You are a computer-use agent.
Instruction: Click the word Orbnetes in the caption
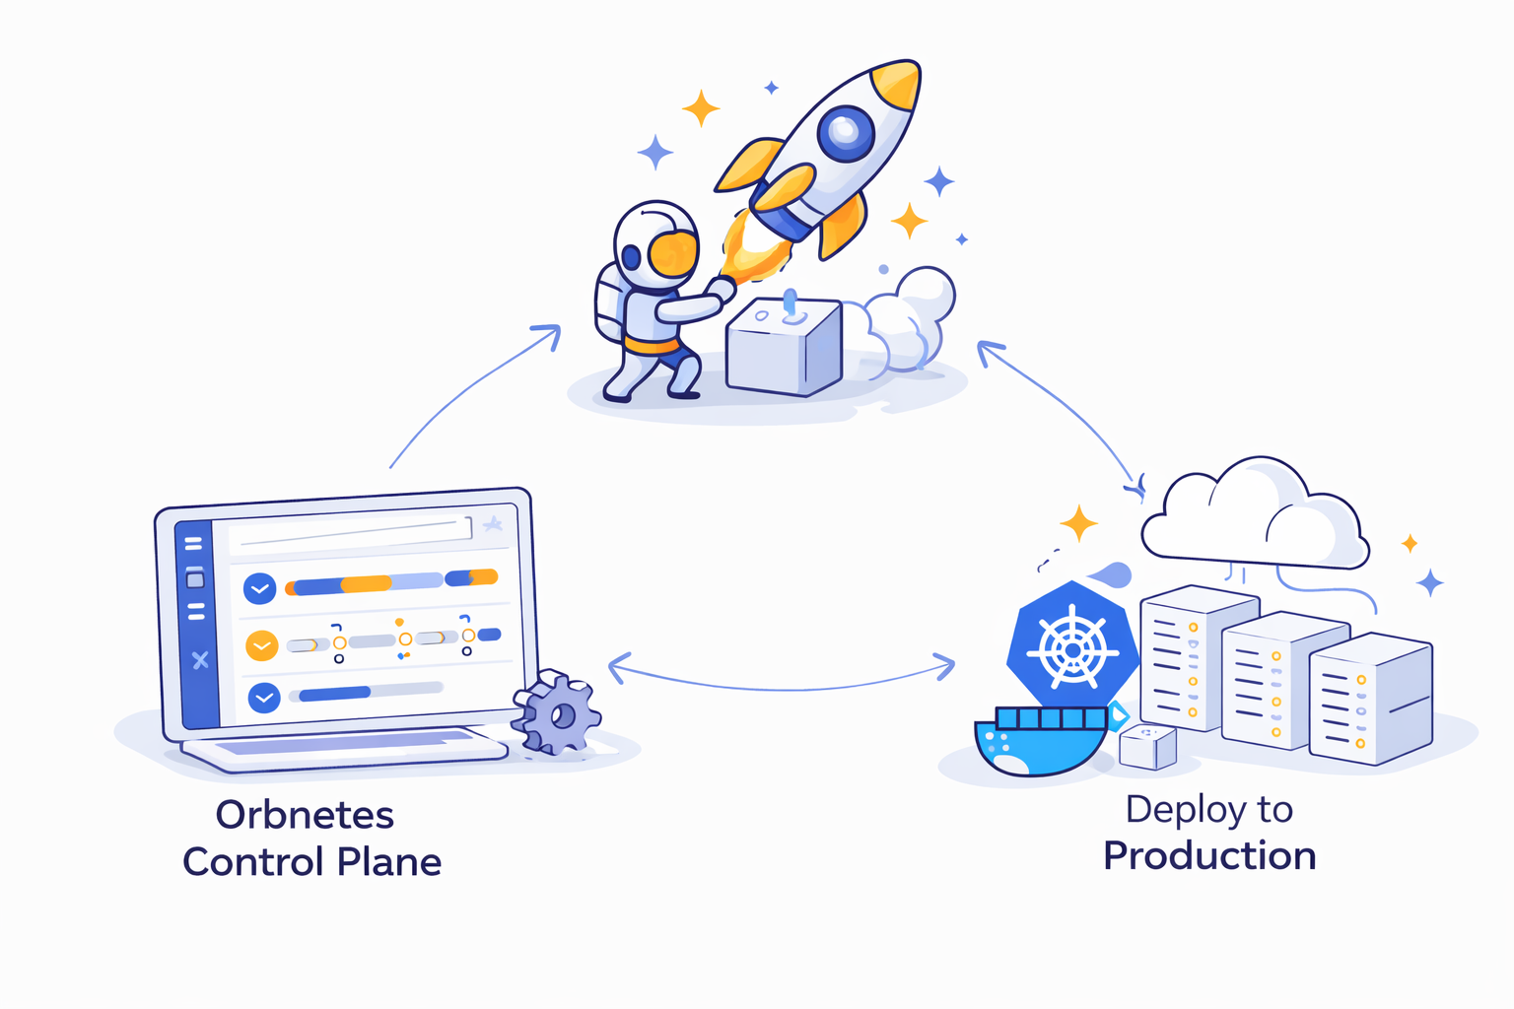[x=305, y=815]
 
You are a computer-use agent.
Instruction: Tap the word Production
[x=1209, y=855]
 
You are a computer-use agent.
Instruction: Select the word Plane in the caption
[x=389, y=862]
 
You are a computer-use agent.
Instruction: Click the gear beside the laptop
[x=559, y=714]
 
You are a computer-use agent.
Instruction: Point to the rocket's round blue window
[x=845, y=132]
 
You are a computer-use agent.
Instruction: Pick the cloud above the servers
[x=1254, y=517]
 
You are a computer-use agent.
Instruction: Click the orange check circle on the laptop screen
[x=261, y=645]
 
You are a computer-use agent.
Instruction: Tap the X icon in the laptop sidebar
[x=200, y=660]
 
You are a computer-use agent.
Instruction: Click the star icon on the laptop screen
[x=493, y=524]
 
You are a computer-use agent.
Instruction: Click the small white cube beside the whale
[x=1148, y=746]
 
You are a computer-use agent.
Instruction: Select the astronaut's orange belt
[x=652, y=346]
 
